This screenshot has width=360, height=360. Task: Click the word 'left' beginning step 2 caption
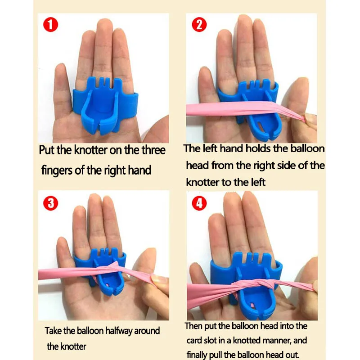coord(211,149)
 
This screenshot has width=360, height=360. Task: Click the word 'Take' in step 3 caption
coord(54,331)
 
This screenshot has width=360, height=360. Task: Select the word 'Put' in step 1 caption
coord(48,150)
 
